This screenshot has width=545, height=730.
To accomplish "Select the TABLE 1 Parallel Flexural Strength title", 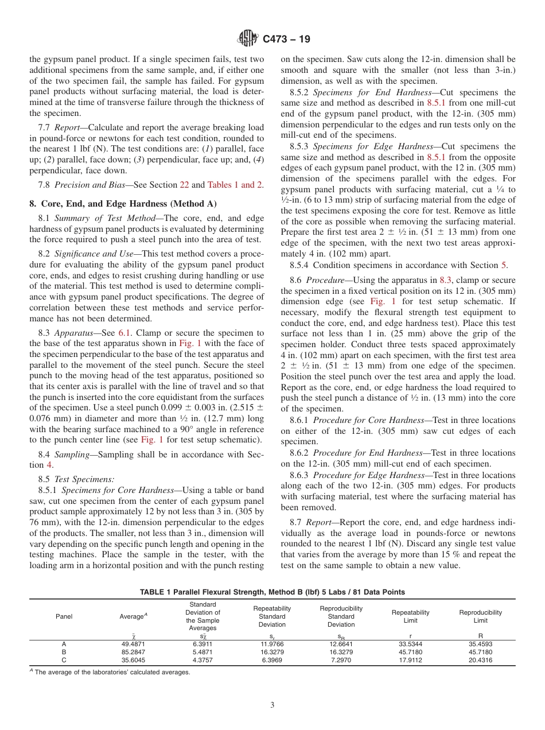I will click(x=272, y=592).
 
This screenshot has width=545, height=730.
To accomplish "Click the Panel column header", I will click(x=64, y=616).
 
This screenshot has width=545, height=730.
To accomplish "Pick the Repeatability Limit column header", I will click(x=410, y=616).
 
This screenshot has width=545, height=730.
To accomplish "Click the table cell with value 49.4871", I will click(x=133, y=644).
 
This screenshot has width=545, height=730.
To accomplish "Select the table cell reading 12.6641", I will click(x=341, y=644).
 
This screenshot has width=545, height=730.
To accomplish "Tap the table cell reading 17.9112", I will click(x=410, y=660).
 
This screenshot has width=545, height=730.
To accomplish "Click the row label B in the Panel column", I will click(x=64, y=652).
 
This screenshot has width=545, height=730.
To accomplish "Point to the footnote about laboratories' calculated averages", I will click(x=112, y=672).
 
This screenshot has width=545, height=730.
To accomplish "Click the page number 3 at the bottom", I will click(x=272, y=705).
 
